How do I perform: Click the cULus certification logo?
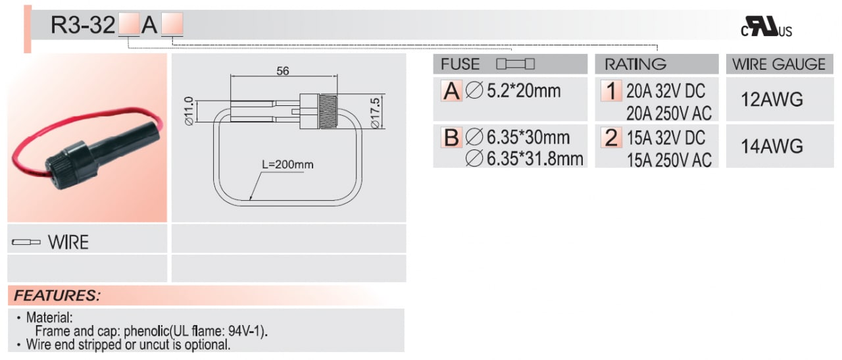click(x=766, y=26)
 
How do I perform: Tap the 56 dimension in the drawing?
click(x=283, y=70)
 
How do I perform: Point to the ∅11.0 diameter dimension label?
click(x=189, y=111)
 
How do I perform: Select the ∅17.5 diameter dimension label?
click(x=375, y=113)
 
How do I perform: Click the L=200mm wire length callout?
click(x=287, y=165)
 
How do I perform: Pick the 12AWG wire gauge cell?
click(x=772, y=99)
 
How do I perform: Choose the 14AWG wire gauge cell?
click(x=772, y=146)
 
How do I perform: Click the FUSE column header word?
click(x=460, y=64)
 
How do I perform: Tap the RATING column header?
click(x=635, y=64)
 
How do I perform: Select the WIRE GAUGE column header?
click(x=779, y=64)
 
